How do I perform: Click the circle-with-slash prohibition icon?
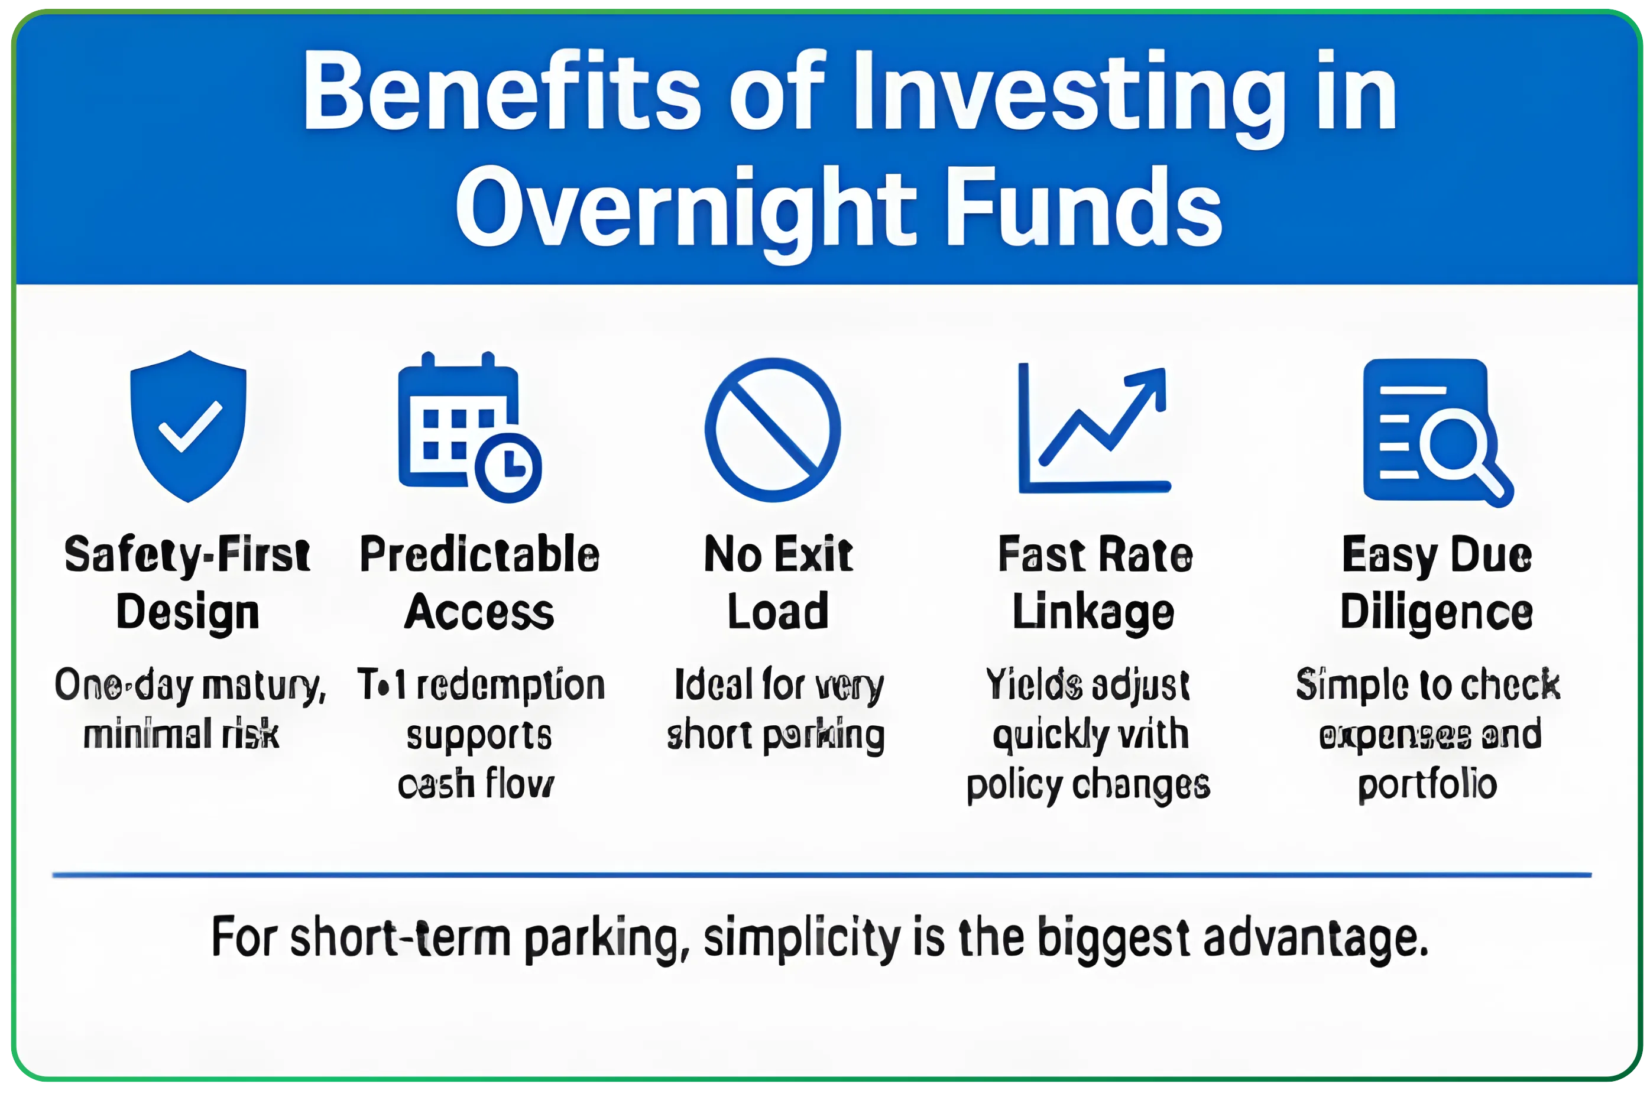pos(773,430)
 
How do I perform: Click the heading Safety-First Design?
pos(187,583)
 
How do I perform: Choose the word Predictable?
pos(479,555)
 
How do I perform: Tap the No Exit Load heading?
pos(778,583)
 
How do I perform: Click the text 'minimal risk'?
pos(181,735)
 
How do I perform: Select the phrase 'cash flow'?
pos(476,784)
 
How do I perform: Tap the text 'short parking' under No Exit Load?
pos(775,735)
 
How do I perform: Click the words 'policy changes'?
pos(1088,785)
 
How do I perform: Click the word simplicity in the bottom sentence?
pos(802,939)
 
